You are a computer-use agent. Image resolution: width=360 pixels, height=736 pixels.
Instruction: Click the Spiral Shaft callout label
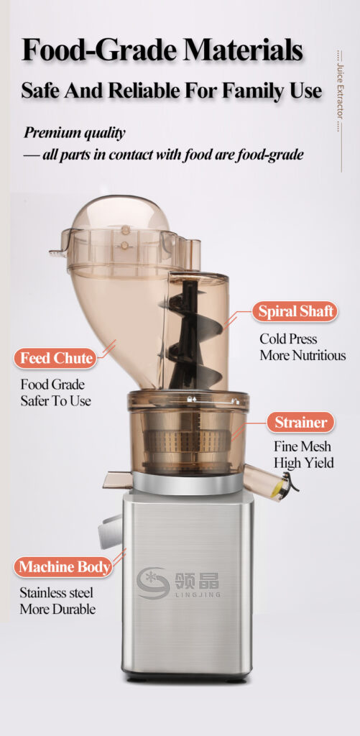click(295, 312)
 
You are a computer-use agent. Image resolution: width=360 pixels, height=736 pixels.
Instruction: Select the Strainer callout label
click(301, 423)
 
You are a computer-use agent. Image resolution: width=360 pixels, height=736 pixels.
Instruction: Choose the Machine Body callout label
click(63, 566)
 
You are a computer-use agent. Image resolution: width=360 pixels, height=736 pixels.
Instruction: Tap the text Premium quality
click(75, 133)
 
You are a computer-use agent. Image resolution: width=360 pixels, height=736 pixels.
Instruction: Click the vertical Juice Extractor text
click(341, 91)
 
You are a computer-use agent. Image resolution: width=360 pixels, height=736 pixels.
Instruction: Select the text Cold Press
click(288, 339)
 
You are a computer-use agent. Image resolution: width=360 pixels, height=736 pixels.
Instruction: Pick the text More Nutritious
click(303, 355)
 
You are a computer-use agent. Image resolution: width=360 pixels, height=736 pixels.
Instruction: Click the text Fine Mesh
click(303, 446)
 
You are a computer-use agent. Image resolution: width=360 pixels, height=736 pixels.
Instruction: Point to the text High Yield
click(304, 463)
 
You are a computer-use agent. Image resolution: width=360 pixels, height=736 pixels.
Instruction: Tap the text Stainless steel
click(56, 592)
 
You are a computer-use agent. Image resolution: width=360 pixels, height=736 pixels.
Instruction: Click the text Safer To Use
click(55, 401)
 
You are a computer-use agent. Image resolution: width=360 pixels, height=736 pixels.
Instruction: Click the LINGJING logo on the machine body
click(178, 583)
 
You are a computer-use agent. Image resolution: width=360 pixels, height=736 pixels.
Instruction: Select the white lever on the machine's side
click(111, 530)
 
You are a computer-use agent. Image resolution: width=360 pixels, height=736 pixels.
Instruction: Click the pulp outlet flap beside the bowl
click(117, 479)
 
